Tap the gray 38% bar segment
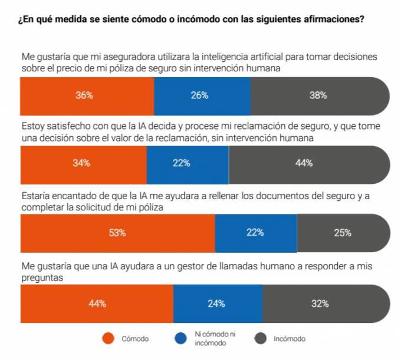(x=319, y=95)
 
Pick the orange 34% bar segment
(x=83, y=164)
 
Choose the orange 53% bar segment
(x=117, y=233)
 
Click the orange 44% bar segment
(x=97, y=304)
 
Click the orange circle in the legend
(x=107, y=339)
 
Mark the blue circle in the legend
(x=181, y=339)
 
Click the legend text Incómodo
(x=290, y=339)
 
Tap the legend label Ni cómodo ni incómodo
(x=211, y=339)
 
